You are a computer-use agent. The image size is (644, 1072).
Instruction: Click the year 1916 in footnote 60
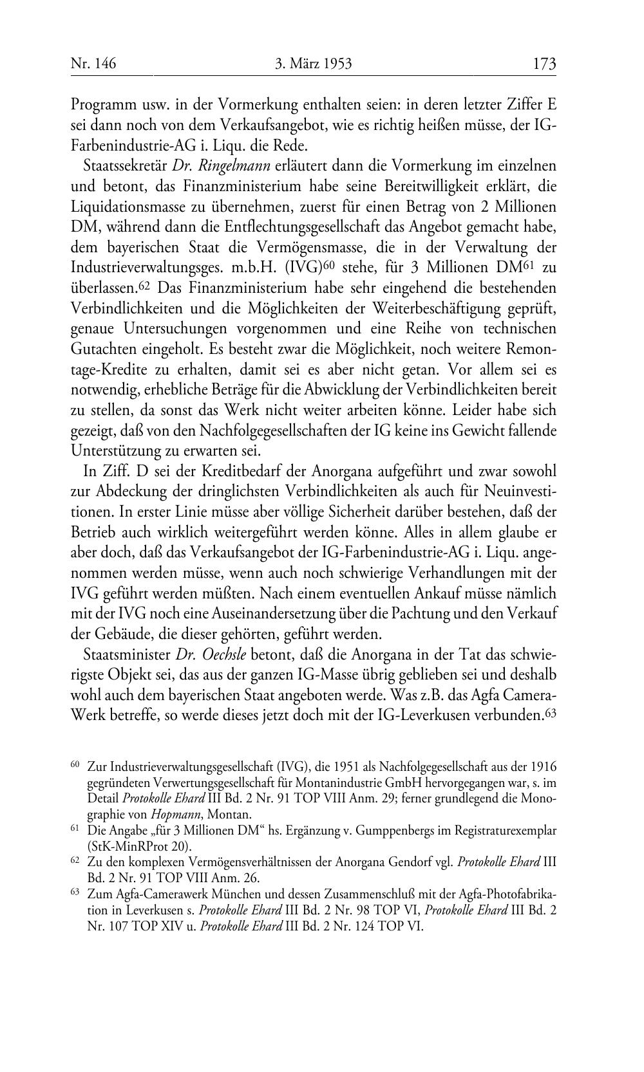click(x=544, y=767)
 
